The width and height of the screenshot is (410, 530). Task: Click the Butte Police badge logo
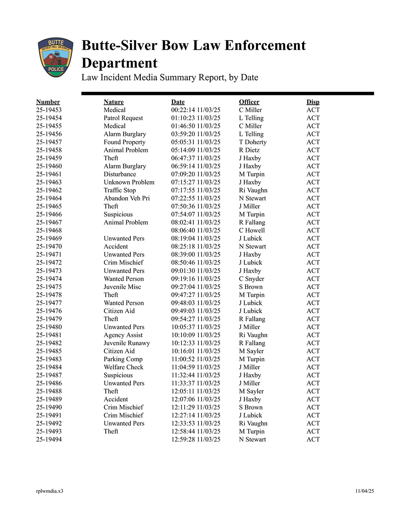(x=55, y=57)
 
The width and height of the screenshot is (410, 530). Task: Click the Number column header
(x=48, y=102)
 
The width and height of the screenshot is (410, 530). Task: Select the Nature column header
(x=114, y=102)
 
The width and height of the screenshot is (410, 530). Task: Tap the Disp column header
(x=313, y=102)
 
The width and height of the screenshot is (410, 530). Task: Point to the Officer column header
(x=249, y=102)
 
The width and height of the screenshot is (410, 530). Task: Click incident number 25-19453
(x=49, y=110)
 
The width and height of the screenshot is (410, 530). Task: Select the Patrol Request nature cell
(x=123, y=118)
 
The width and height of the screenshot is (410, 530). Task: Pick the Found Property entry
(x=124, y=142)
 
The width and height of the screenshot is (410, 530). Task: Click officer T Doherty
(x=252, y=142)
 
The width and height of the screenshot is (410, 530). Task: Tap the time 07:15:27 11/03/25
(x=196, y=182)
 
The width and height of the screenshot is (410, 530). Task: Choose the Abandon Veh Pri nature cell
(x=126, y=198)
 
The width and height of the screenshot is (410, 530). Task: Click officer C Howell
(x=252, y=230)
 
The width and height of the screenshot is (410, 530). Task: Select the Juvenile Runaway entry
(x=126, y=343)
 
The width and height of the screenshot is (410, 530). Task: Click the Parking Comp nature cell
(x=123, y=359)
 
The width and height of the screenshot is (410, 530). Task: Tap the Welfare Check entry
(x=123, y=367)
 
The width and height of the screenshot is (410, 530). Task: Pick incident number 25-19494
(x=49, y=439)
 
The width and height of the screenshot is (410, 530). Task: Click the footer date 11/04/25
(x=365, y=491)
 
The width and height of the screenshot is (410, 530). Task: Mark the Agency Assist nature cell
(x=123, y=335)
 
